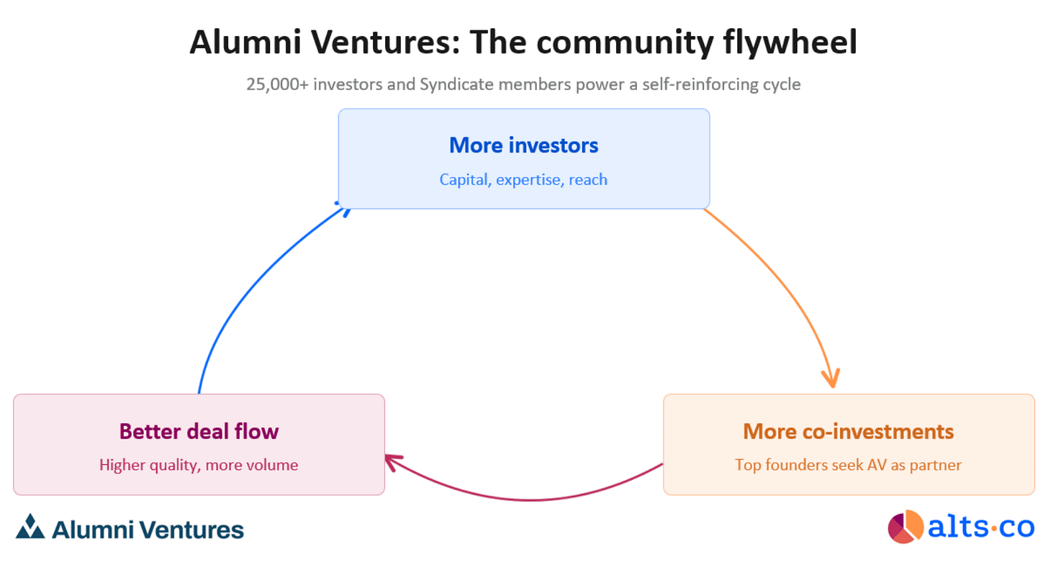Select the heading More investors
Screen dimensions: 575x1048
(x=523, y=145)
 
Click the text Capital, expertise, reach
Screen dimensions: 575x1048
(x=523, y=179)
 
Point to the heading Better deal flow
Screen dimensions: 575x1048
(x=199, y=431)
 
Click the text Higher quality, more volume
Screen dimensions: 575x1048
(x=199, y=465)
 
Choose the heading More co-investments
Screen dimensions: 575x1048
(x=848, y=431)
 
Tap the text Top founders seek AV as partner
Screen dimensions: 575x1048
(x=848, y=465)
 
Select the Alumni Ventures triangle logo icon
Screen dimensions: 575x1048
(x=30, y=527)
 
